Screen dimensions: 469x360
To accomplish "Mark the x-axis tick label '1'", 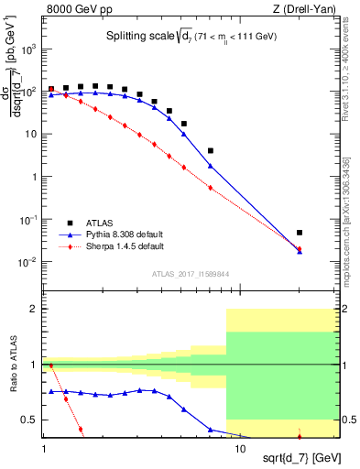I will tap(44, 450).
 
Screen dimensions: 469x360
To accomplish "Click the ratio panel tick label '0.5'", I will tap(30, 420).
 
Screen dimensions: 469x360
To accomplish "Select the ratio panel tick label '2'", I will tap(35, 310).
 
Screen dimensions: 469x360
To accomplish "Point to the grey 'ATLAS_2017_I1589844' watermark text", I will tap(191, 274).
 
